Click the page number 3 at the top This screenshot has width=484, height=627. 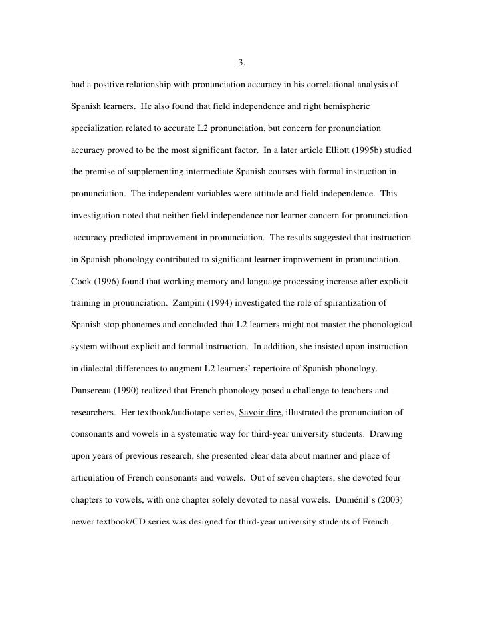pyautogui.click(x=241, y=64)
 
